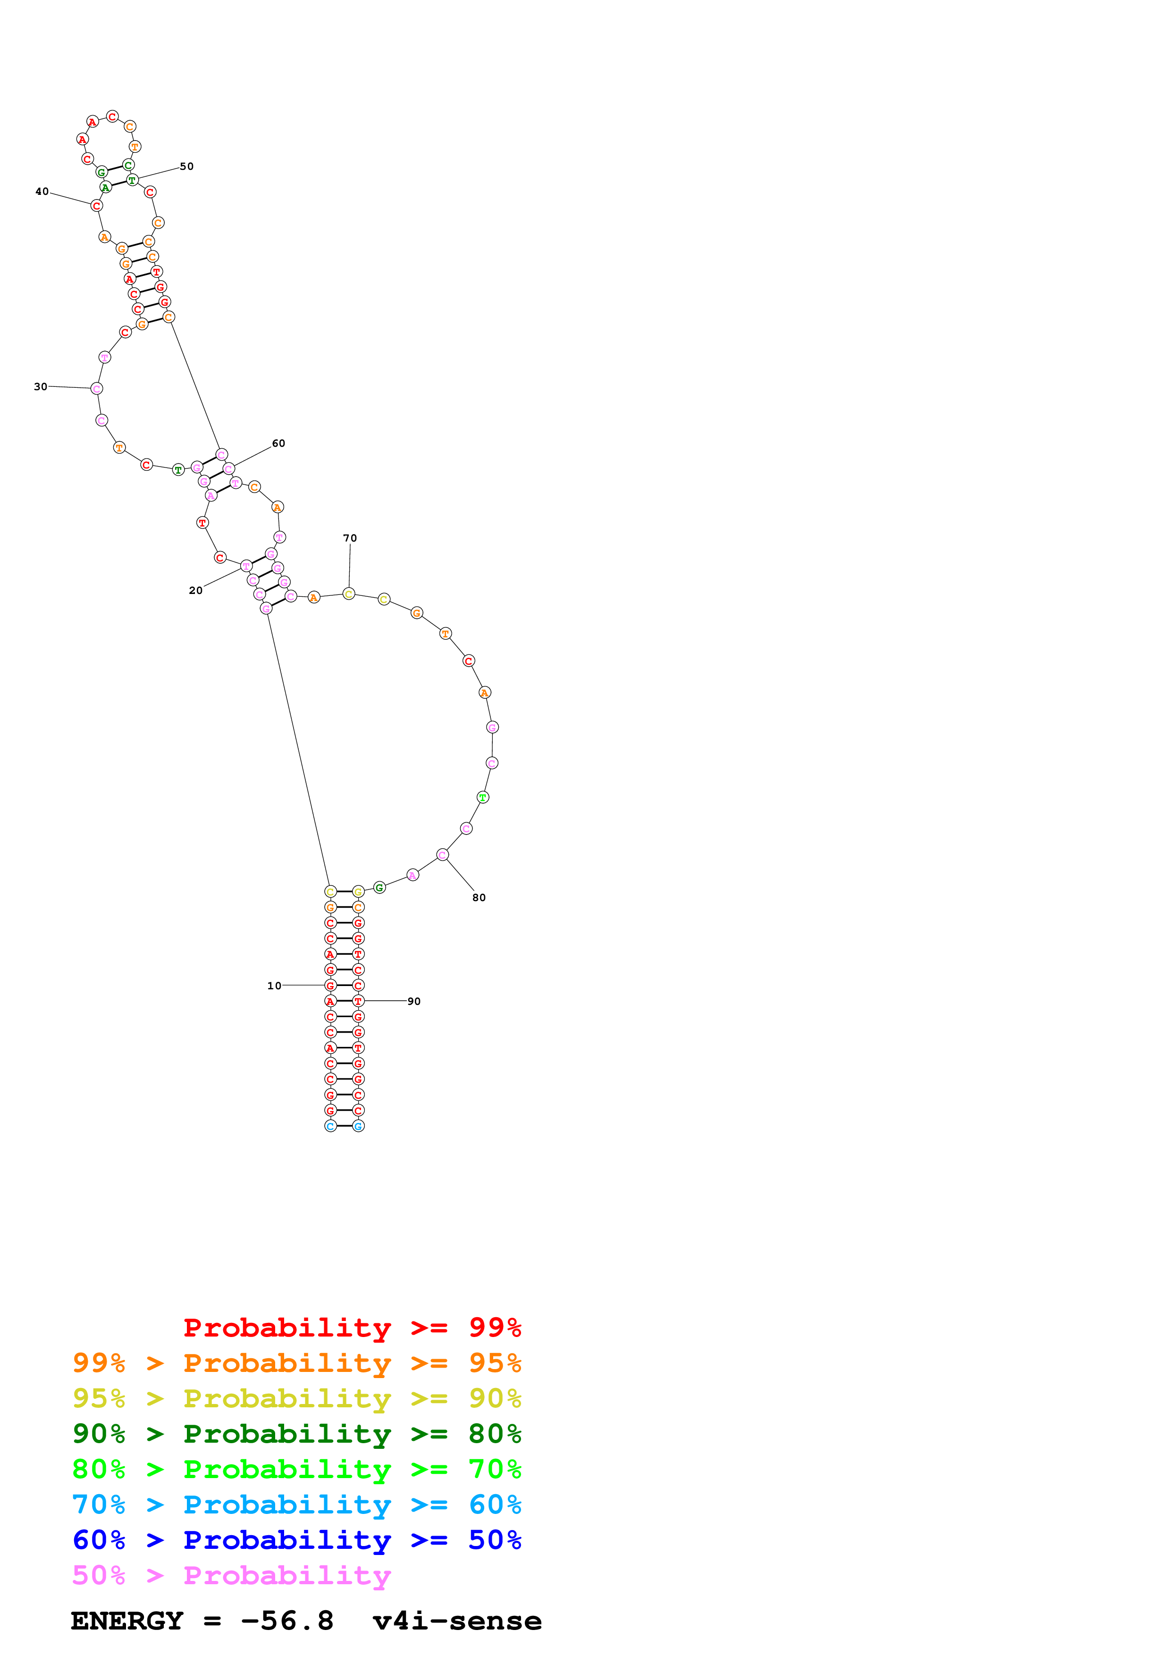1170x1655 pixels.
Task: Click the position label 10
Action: click(x=274, y=986)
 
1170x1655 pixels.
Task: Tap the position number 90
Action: click(x=414, y=1001)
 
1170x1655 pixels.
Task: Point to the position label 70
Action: click(x=350, y=538)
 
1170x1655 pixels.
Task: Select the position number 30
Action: click(x=41, y=386)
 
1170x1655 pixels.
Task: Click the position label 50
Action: click(x=187, y=167)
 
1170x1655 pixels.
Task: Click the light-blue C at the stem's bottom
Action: click(x=330, y=1126)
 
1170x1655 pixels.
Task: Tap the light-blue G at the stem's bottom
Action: click(x=358, y=1126)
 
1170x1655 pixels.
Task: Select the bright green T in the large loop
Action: click(x=483, y=797)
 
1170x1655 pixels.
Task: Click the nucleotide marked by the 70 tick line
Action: click(x=349, y=594)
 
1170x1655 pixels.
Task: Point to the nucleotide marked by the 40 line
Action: click(x=97, y=206)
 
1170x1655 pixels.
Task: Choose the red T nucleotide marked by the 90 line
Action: click(x=358, y=1001)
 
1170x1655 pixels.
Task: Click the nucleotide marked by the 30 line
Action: click(x=97, y=389)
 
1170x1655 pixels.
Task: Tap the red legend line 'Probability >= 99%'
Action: click(x=352, y=1327)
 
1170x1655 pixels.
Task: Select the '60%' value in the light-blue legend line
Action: click(x=495, y=1505)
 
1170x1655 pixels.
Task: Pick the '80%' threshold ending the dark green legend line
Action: click(x=495, y=1434)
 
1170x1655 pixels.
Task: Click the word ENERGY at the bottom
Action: click(x=127, y=1621)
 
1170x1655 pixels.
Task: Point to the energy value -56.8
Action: click(x=287, y=1621)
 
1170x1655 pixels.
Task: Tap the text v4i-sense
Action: click(x=457, y=1621)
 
